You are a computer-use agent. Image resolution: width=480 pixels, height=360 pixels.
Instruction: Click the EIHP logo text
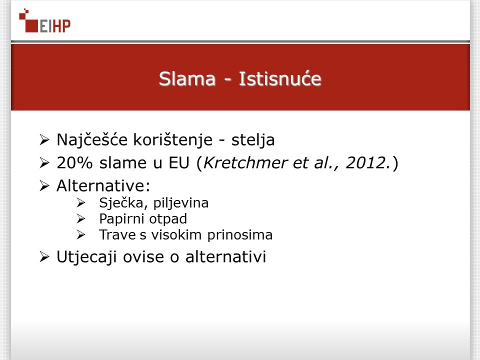point(55,26)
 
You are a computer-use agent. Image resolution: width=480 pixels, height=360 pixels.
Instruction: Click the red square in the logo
point(31,25)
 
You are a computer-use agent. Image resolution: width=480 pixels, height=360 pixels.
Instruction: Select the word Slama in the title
point(187,78)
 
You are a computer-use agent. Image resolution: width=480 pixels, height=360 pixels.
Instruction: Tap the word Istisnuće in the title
point(280,78)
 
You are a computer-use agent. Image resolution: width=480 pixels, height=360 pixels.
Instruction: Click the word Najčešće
point(92,140)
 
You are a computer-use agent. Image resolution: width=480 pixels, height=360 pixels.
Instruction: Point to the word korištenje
point(173,140)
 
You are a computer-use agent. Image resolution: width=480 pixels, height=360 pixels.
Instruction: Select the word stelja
point(253,140)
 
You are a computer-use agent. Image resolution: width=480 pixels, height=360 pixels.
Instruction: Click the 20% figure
point(74,163)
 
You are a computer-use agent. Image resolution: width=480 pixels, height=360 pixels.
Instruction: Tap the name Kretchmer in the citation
point(245,163)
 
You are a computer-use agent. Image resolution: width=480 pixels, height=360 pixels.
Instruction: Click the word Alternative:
point(103,185)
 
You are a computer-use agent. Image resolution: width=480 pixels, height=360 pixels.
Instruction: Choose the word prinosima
point(240,235)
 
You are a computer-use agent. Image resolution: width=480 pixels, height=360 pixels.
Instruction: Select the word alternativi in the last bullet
point(225,256)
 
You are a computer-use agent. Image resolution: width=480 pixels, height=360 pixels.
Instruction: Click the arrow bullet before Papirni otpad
point(81,218)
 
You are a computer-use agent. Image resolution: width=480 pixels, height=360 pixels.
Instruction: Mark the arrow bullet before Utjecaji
point(44,257)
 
